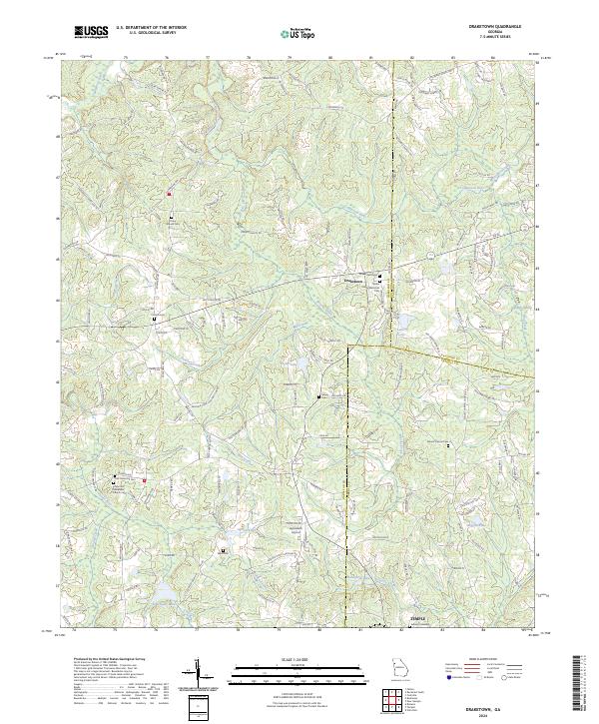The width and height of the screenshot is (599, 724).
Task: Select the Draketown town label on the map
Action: click(355, 281)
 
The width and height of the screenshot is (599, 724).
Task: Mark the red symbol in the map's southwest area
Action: click(145, 481)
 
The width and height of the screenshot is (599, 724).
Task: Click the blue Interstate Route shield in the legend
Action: click(449, 675)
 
